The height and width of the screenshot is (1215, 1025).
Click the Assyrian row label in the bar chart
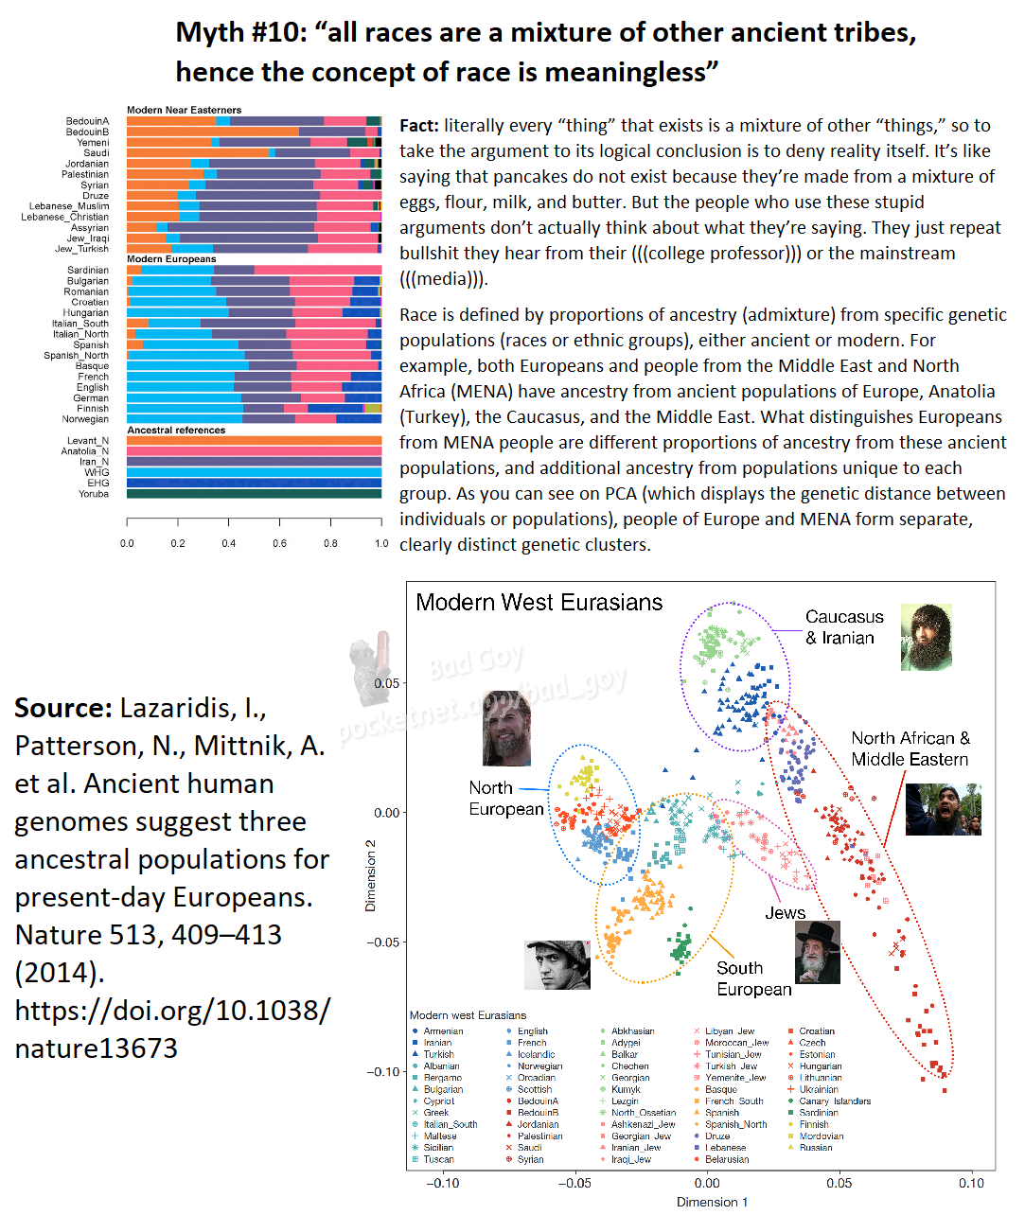pyautogui.click(x=90, y=228)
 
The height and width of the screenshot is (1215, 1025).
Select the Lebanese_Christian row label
pyautogui.click(x=65, y=217)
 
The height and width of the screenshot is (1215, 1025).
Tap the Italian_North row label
pyautogui.click(x=80, y=334)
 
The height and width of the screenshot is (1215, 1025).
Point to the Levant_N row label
pyautogui.click(x=88, y=441)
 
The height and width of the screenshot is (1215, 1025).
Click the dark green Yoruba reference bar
pyautogui.click(x=254, y=494)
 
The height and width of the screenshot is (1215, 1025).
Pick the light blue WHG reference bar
pyautogui.click(x=254, y=472)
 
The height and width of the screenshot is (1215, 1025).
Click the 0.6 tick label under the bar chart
pyautogui.click(x=279, y=544)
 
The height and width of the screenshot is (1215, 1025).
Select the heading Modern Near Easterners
pyautogui.click(x=184, y=110)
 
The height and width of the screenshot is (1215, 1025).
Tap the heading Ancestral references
pyautogui.click(x=176, y=431)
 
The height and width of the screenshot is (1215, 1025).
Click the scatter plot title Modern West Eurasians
pyautogui.click(x=539, y=603)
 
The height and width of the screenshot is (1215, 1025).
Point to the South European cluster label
pyautogui.click(x=753, y=978)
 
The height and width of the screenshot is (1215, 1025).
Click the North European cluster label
pyautogui.click(x=505, y=799)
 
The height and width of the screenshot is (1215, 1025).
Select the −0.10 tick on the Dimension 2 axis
pyautogui.click(x=383, y=1071)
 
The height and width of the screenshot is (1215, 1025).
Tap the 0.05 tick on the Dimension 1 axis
pyautogui.click(x=839, y=1183)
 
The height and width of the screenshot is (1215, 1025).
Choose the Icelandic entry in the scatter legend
pyautogui.click(x=536, y=1054)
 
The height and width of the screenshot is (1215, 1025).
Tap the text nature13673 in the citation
pyautogui.click(x=96, y=1048)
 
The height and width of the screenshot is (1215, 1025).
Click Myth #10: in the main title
pyautogui.click(x=240, y=33)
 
